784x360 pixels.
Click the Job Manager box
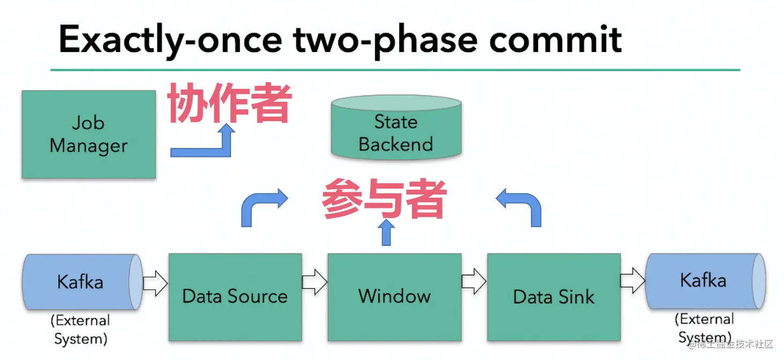point(89,134)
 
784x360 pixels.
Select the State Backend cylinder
point(396,127)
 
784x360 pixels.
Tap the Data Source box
point(235,297)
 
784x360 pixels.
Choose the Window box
point(394,297)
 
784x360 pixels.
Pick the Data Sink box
point(554,297)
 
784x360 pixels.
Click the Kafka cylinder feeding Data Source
point(83,282)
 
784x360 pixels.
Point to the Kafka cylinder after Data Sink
point(706,281)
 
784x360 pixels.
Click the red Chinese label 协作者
point(229,103)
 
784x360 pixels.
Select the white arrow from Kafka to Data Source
point(155,283)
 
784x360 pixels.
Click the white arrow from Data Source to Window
point(315,282)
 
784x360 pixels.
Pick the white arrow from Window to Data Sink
point(474,281)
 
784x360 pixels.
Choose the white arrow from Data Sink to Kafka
point(633,281)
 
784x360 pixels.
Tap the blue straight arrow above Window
point(386,232)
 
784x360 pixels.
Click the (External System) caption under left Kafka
point(80,329)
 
